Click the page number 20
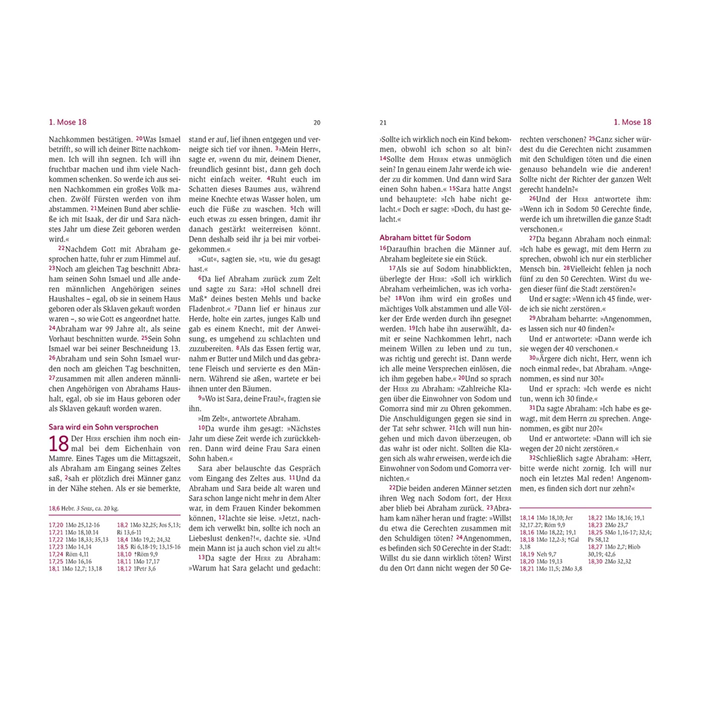(317, 122)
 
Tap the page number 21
(383, 122)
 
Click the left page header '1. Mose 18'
(68, 122)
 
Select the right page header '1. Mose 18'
(632, 122)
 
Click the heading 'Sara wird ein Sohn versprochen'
(103, 427)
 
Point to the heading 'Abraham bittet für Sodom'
(425, 238)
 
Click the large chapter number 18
(59, 444)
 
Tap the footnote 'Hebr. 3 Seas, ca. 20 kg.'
(84, 508)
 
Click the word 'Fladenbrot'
(207, 309)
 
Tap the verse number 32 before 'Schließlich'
(533, 458)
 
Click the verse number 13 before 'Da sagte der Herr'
(202, 557)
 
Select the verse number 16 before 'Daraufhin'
(383, 248)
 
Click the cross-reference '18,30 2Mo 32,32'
(609, 562)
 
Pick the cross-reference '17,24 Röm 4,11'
(69, 554)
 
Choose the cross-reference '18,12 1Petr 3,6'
(136, 569)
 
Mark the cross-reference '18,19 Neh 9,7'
(538, 554)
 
